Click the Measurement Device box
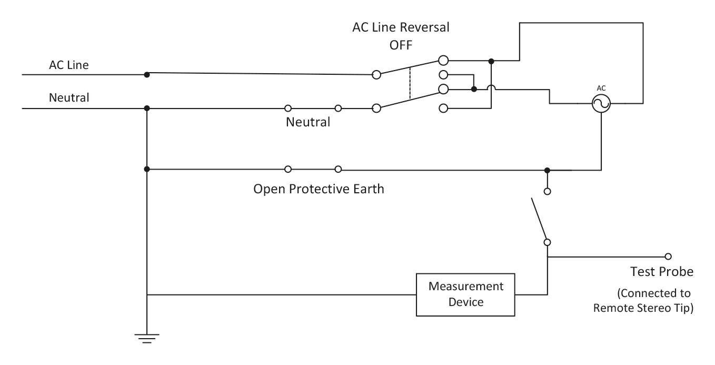point(466,294)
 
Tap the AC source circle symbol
point(601,105)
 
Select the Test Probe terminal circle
point(668,257)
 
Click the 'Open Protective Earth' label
point(319,188)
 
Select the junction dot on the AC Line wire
point(147,75)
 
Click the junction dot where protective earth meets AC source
point(548,170)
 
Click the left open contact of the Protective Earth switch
point(288,169)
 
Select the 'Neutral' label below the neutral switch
point(308,123)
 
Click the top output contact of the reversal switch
point(443,61)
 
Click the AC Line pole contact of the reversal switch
point(376,75)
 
